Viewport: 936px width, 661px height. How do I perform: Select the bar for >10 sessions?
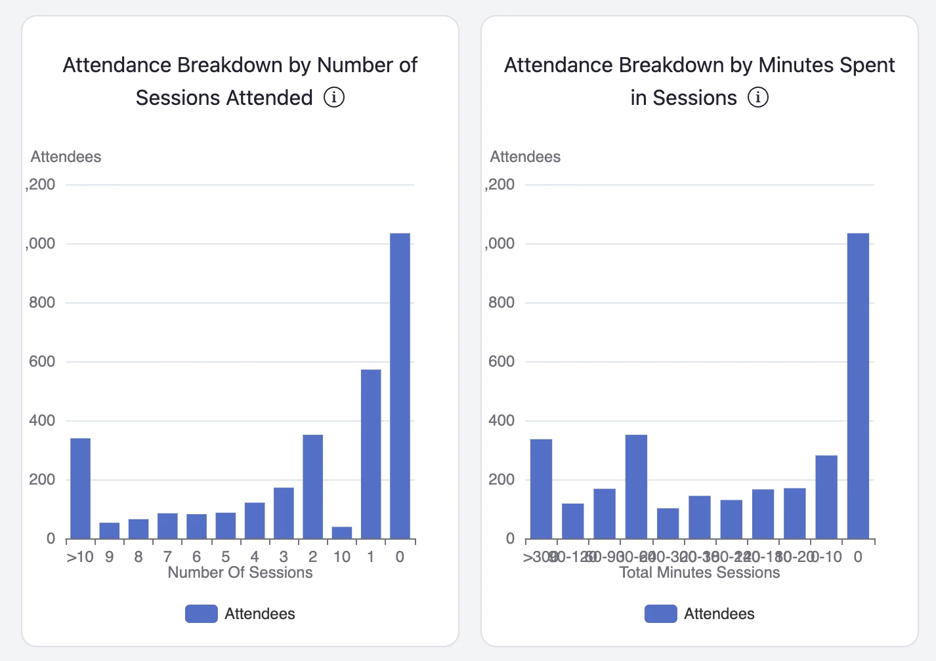pyautogui.click(x=80, y=488)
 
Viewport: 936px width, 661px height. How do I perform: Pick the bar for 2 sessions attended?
pyautogui.click(x=312, y=487)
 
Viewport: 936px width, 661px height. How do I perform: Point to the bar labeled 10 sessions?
pyautogui.click(x=342, y=532)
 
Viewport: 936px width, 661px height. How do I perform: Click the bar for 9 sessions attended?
pyautogui.click(x=110, y=531)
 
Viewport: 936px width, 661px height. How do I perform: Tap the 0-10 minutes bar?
pyautogui.click(x=826, y=497)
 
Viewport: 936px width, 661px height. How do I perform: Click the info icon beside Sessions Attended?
pyautogui.click(x=334, y=98)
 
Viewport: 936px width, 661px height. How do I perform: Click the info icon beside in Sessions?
pyautogui.click(x=758, y=98)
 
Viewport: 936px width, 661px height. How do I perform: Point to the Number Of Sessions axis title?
pyautogui.click(x=240, y=572)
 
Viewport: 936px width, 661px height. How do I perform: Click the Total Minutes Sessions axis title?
pyautogui.click(x=700, y=572)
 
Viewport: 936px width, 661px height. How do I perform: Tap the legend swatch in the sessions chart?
pyautogui.click(x=202, y=614)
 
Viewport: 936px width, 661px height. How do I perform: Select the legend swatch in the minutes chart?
pyautogui.click(x=661, y=614)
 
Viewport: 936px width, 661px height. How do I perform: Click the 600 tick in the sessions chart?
pyautogui.click(x=42, y=361)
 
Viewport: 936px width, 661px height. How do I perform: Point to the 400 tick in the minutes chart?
pyautogui.click(x=501, y=420)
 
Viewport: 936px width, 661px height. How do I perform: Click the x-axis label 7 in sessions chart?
pyautogui.click(x=167, y=557)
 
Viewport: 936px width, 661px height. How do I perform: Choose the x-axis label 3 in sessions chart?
pyautogui.click(x=284, y=557)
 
